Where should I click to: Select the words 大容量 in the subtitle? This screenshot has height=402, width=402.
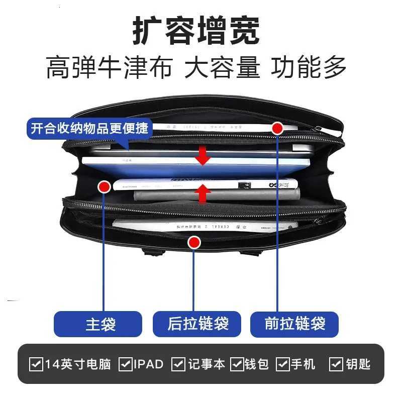coord(222,68)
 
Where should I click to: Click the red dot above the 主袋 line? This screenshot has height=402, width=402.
coord(104,187)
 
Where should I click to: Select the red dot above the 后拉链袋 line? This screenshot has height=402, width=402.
coord(194,243)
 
